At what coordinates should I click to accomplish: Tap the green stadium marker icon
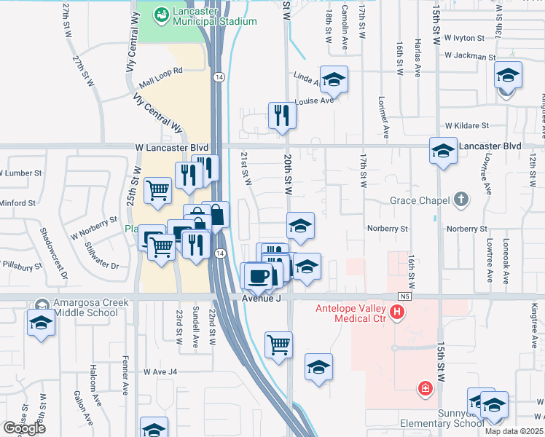point(161,12)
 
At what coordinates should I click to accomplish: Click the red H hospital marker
point(397,314)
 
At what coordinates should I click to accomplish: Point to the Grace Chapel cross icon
point(460,198)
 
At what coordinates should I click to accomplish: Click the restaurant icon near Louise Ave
point(281,115)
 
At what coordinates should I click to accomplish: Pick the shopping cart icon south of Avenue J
point(278,345)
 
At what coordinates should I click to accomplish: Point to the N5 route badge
point(405,296)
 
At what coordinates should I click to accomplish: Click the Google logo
point(24,429)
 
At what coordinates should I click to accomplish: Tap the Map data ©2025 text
point(514,430)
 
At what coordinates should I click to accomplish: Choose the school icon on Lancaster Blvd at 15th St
point(442,151)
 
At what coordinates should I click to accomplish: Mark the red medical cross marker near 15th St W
point(424,390)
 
